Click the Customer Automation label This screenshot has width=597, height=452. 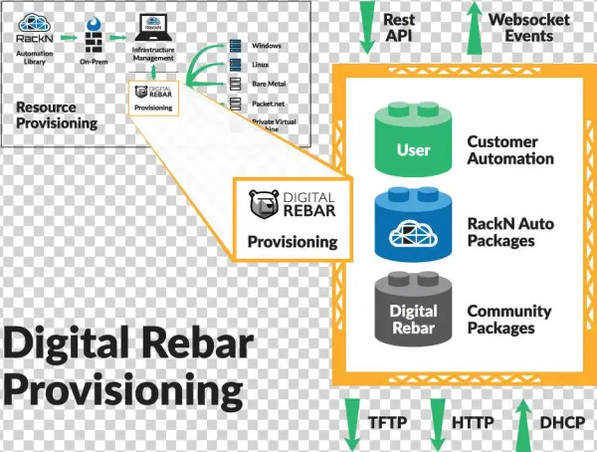coord(509,150)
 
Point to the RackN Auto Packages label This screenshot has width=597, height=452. coord(509,232)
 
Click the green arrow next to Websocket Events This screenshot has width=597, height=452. coord(470,25)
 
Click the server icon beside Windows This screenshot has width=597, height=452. coord(236,45)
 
